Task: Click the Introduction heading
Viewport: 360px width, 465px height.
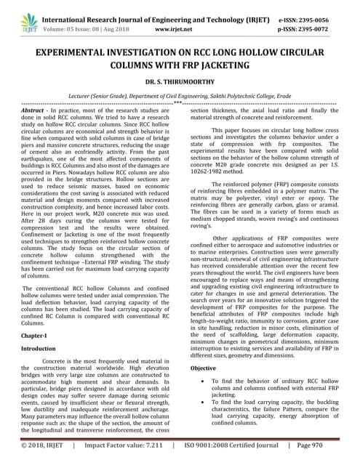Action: click(x=39, y=349)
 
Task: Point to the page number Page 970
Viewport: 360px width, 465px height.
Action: click(x=316, y=445)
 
